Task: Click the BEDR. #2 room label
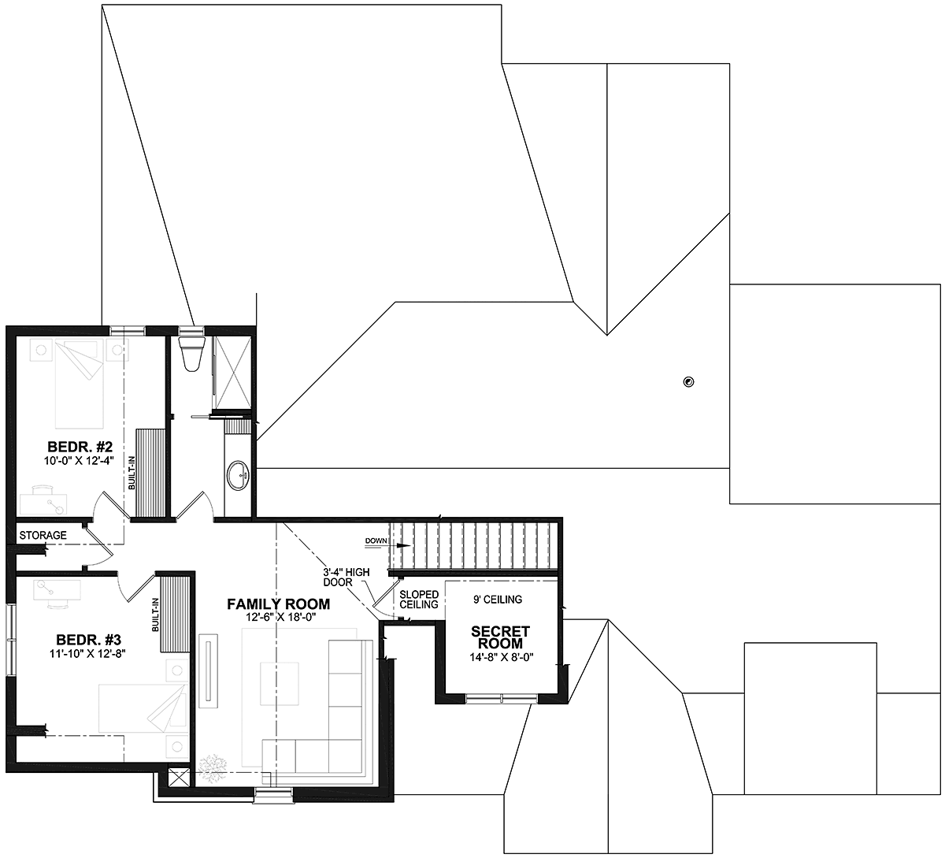[x=80, y=447]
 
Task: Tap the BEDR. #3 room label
[x=88, y=640]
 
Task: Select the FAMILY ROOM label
[x=279, y=604]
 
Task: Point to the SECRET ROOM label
[x=500, y=637]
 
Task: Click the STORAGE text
[x=43, y=535]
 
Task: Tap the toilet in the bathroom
[x=191, y=353]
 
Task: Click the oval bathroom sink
[x=239, y=475]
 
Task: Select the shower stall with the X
[x=232, y=373]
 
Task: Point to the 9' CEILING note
[x=498, y=600]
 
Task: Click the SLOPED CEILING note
[x=419, y=600]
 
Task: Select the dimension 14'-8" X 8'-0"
[x=500, y=658]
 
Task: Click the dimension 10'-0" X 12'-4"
[x=80, y=461]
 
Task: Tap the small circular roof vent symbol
[x=689, y=382]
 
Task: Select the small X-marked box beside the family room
[x=180, y=778]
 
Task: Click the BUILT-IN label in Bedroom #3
[x=155, y=615]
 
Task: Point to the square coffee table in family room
[x=279, y=683]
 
